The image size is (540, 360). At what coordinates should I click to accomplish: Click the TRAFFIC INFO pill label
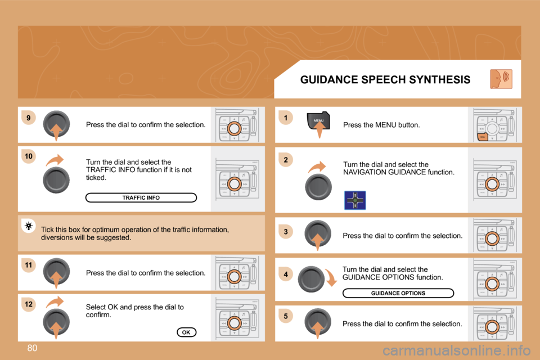coord(141,198)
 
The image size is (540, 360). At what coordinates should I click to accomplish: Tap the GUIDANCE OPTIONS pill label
coord(398,293)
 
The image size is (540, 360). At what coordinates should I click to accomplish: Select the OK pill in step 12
coord(186,332)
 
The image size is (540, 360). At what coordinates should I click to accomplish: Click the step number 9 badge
coord(29,118)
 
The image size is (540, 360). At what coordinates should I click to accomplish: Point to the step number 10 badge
coord(29,156)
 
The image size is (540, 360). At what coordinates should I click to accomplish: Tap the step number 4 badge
coord(286,274)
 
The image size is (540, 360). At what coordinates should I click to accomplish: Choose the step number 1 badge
coord(286,118)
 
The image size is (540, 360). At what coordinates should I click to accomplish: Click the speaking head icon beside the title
coord(501,79)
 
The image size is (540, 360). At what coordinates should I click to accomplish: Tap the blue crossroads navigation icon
coord(355,200)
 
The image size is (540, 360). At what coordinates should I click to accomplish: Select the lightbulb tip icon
coord(29,226)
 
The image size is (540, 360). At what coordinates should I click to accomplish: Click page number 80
coord(32,348)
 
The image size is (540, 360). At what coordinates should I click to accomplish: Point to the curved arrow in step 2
coord(317,166)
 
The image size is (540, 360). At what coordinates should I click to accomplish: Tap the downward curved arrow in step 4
coord(331,277)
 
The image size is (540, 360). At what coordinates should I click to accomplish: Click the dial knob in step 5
coord(318,322)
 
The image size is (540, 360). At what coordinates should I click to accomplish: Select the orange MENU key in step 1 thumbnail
coord(483,137)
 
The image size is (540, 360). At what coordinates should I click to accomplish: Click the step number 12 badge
coord(29,304)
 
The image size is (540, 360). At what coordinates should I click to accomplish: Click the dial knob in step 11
coord(56,272)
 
